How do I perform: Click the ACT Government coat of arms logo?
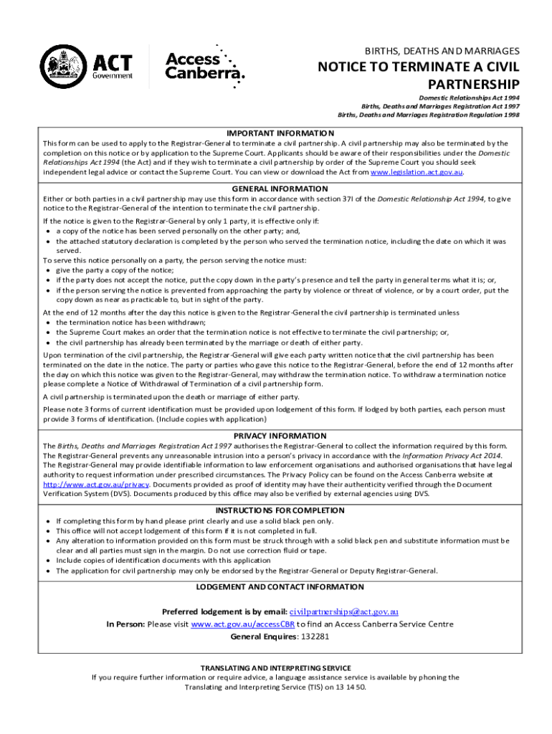point(65,67)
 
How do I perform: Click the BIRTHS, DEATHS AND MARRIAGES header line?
point(442,51)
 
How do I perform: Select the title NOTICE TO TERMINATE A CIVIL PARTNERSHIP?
point(419,75)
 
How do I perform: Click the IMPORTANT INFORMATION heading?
point(280,133)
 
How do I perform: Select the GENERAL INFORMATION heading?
point(280,189)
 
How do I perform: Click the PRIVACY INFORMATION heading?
point(280,436)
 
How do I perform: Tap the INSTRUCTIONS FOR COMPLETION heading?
point(280,510)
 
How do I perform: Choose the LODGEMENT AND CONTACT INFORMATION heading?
point(280,586)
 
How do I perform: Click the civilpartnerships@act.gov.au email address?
point(343,611)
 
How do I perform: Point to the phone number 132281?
point(315,637)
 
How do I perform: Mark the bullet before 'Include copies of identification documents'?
point(47,561)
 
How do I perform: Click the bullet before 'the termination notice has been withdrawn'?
point(47,323)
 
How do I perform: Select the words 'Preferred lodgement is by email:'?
point(224,611)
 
